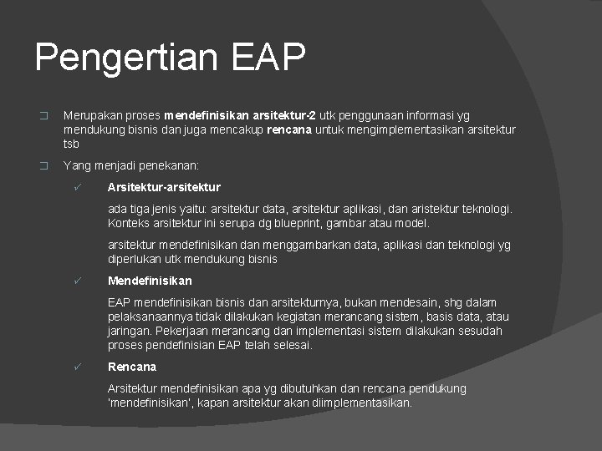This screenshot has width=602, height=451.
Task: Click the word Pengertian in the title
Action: click(x=125, y=58)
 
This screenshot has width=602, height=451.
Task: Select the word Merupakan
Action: click(x=92, y=115)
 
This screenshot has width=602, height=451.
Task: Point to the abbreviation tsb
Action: click(x=72, y=144)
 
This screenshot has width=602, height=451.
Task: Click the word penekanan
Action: click(x=172, y=165)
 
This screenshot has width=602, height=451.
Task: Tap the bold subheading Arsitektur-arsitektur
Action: click(x=164, y=187)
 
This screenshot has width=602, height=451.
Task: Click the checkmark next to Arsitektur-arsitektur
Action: click(x=77, y=187)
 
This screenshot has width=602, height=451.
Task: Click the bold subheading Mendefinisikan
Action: click(x=150, y=281)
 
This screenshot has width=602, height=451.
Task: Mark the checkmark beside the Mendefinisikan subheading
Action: click(x=77, y=281)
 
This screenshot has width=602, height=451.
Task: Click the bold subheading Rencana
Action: click(x=132, y=367)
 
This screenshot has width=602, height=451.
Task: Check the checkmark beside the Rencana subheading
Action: click(x=77, y=367)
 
